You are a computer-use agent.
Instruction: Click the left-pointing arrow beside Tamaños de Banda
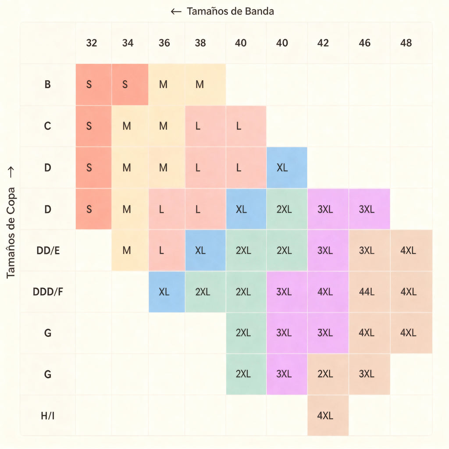point(176,11)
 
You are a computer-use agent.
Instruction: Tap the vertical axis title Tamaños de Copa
point(11,232)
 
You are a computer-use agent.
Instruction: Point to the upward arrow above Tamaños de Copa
point(11,172)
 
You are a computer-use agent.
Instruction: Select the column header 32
point(92,43)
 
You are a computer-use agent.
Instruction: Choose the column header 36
point(164,43)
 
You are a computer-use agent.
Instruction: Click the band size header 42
point(323,43)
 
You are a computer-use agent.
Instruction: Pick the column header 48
point(406,43)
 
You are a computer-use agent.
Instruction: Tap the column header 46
point(364,43)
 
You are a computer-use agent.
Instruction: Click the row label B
point(47,85)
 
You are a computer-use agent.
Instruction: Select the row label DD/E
point(48,250)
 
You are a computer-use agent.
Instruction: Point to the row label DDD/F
point(48,292)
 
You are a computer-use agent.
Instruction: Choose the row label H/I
point(47,416)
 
